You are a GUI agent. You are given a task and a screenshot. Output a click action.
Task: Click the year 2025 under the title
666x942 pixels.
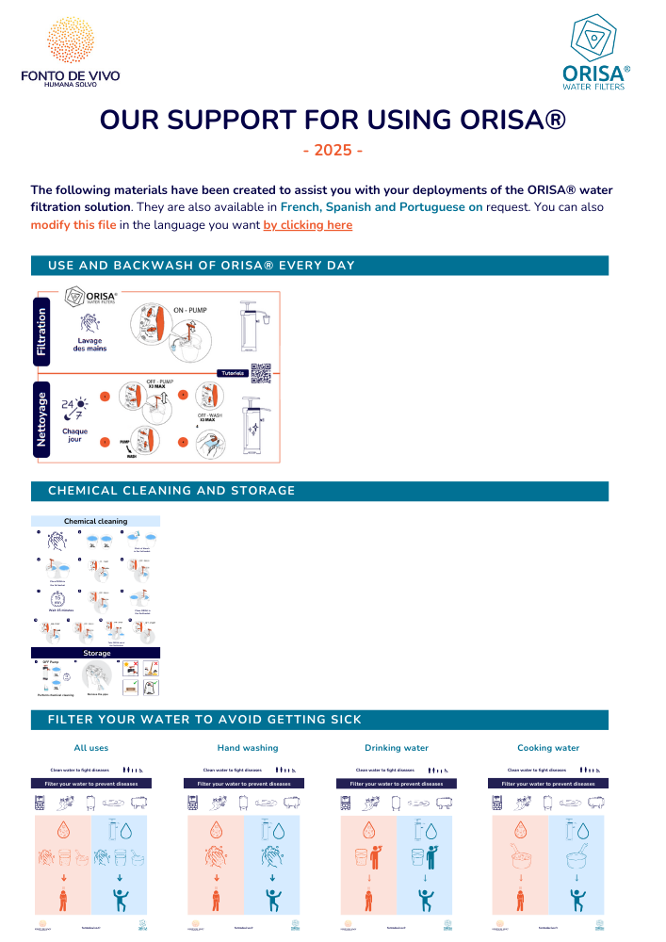[333, 151]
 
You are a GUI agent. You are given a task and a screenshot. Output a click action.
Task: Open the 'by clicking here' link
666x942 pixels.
[308, 225]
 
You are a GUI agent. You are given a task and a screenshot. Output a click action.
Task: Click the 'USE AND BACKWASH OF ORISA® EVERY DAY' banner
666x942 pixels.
[319, 266]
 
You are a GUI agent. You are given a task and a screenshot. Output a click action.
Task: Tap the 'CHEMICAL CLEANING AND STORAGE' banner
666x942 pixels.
[319, 491]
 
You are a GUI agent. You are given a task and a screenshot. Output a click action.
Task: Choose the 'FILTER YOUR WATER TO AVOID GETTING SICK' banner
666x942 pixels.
[319, 720]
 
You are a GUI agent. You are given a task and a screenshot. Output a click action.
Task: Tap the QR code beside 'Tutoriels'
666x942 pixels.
[261, 372]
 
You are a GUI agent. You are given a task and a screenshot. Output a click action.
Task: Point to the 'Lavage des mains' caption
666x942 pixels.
[90, 344]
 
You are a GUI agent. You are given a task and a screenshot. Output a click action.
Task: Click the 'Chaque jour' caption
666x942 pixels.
[75, 435]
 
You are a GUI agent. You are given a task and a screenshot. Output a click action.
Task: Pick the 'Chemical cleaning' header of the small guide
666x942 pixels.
[95, 521]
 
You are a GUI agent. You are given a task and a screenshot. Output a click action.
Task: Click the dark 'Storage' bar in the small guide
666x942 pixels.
[96, 653]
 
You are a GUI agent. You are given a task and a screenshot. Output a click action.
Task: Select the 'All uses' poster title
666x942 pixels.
[91, 748]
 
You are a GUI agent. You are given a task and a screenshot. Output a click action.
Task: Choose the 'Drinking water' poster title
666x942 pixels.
[396, 748]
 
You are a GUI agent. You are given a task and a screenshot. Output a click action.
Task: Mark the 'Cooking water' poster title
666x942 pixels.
[548, 748]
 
